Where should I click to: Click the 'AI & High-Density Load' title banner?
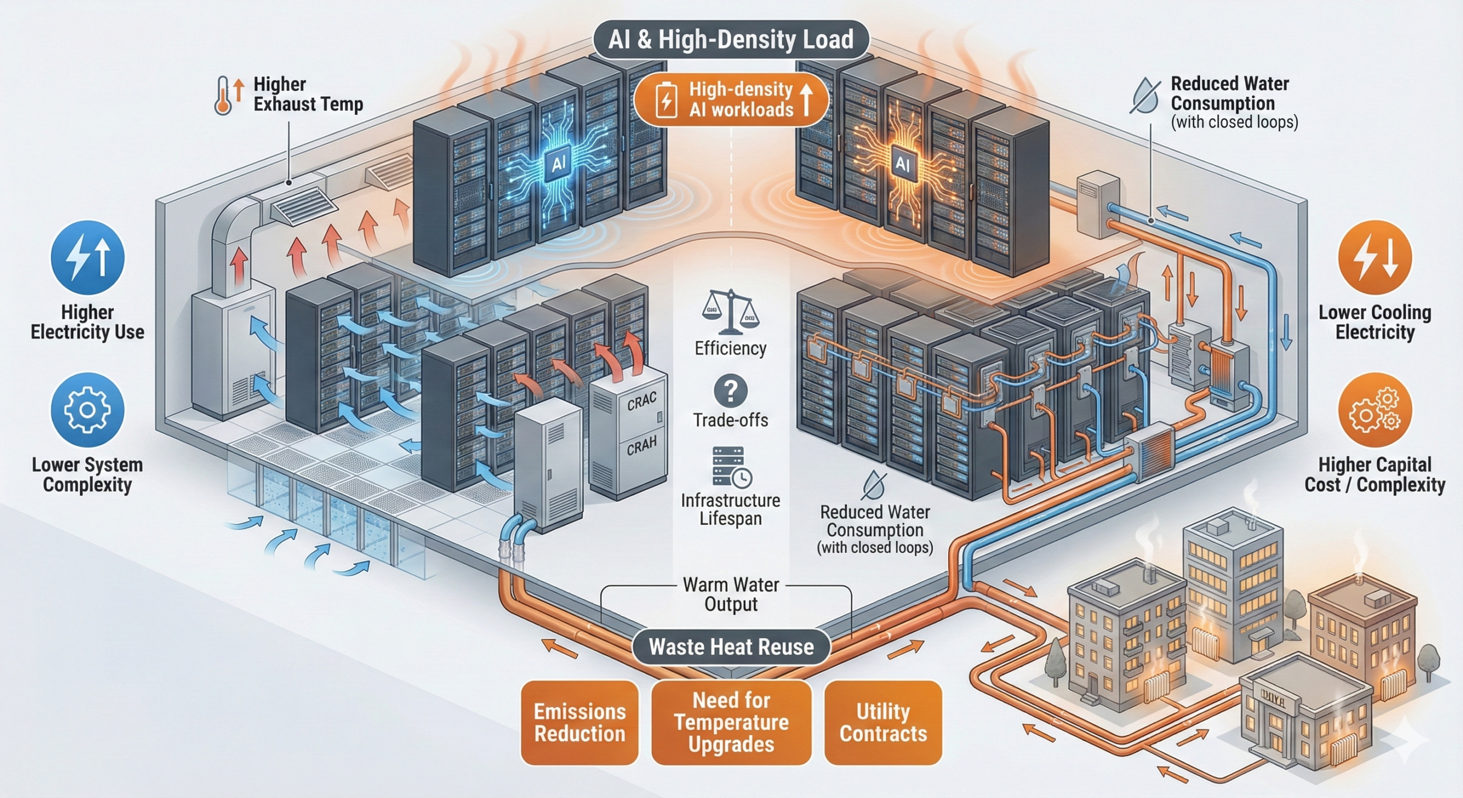(731, 40)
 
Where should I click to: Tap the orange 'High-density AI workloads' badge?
(731, 99)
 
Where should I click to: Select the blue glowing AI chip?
(558, 165)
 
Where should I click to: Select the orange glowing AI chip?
(902, 165)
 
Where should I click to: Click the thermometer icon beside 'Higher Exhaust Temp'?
(223, 96)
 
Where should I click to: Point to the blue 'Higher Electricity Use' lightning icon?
(87, 258)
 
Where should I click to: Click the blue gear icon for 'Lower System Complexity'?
(87, 409)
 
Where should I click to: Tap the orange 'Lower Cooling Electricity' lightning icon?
(1374, 258)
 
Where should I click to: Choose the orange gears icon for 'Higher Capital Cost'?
(1374, 409)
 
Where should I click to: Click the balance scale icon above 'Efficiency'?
(730, 312)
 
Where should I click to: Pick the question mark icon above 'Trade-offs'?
(730, 391)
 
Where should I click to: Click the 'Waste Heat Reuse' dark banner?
(731, 647)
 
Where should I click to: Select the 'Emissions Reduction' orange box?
(579, 723)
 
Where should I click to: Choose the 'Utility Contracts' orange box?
(883, 723)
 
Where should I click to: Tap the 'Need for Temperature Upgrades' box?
(731, 723)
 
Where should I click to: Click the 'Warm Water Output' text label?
(731, 594)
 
